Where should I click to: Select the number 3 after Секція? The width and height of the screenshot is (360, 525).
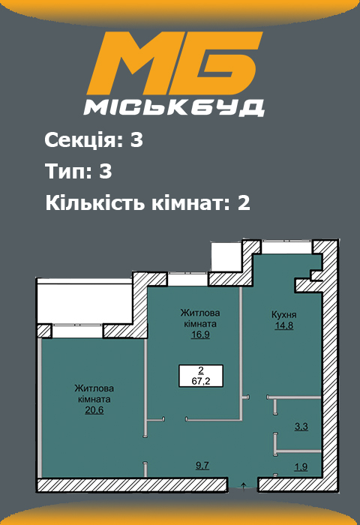coord(136,140)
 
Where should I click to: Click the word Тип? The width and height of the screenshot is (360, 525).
coord(65,172)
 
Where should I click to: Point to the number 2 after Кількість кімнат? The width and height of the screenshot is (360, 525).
coord(242,203)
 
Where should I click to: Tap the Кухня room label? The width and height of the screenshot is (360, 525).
coord(284,316)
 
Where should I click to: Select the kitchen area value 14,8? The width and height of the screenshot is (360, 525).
coord(284,326)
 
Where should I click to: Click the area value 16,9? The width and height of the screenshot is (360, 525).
coord(199,335)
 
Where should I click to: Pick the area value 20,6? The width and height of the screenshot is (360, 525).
coord(94,410)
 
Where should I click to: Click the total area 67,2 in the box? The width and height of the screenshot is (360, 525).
coord(200,380)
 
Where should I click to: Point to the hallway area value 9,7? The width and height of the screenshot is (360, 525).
coord(202,466)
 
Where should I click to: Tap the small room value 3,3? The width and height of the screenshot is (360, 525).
coord(301,427)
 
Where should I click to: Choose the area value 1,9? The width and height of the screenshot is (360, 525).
coord(301,467)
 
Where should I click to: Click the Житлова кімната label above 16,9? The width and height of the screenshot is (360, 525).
coord(199,318)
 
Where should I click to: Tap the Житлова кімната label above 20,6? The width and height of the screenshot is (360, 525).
coord(94,393)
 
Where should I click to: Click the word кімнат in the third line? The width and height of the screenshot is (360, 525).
coord(178,203)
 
